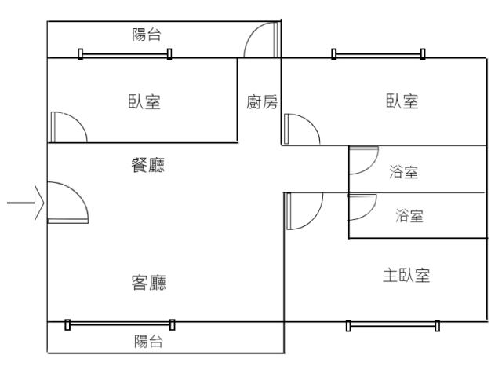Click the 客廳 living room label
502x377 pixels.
tap(147, 283)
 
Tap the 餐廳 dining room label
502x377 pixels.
tap(147, 166)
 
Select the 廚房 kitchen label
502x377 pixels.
tap(262, 102)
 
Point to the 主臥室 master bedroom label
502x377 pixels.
tap(406, 276)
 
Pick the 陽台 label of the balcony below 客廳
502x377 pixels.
tap(148, 341)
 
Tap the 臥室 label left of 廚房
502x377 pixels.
tap(144, 102)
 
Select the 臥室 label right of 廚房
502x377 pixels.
tap(401, 102)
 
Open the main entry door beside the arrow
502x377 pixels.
tap(67, 203)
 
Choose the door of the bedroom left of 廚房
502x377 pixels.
tap(67, 127)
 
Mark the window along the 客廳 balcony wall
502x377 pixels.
tap(120, 323)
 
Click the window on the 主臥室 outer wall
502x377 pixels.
tap(392, 324)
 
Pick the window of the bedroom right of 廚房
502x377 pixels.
tap(378, 54)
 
